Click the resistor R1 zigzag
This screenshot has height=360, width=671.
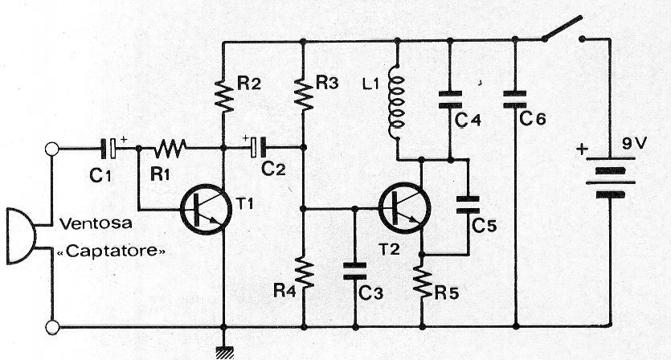[x=170, y=148]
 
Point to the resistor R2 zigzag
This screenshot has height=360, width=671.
[x=223, y=95]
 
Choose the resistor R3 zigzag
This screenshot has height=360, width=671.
[x=303, y=95]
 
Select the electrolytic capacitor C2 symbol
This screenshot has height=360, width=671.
[x=256, y=148]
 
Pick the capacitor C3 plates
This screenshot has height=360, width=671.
[x=353, y=269]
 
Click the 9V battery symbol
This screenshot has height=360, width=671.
[x=608, y=178]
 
